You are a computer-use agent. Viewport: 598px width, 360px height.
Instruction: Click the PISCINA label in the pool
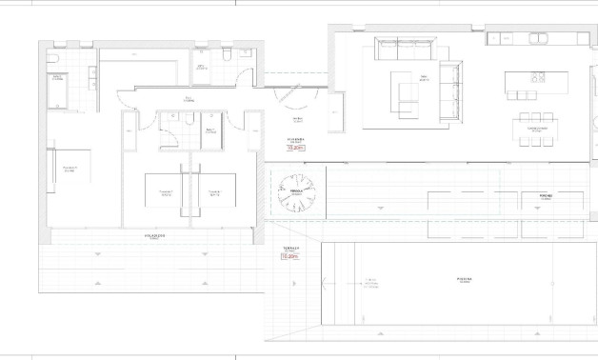pos(463,280)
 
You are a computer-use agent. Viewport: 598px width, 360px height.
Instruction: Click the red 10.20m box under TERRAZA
pos(290,256)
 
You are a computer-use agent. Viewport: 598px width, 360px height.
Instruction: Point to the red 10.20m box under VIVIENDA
pos(295,149)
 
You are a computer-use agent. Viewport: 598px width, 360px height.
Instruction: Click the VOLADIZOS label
pos(154,235)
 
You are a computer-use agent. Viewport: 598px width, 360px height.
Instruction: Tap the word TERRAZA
pos(290,247)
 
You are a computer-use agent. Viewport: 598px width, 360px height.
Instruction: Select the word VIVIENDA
pos(295,140)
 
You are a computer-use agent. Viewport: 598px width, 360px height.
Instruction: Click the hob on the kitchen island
pos(538,77)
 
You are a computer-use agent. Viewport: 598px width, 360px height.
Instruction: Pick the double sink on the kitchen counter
pos(540,39)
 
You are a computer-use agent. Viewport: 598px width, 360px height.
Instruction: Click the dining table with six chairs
pos(533,129)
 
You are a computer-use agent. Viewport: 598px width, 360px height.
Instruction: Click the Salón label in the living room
pos(421,78)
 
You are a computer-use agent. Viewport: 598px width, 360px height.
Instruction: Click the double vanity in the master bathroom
pos(93,78)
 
